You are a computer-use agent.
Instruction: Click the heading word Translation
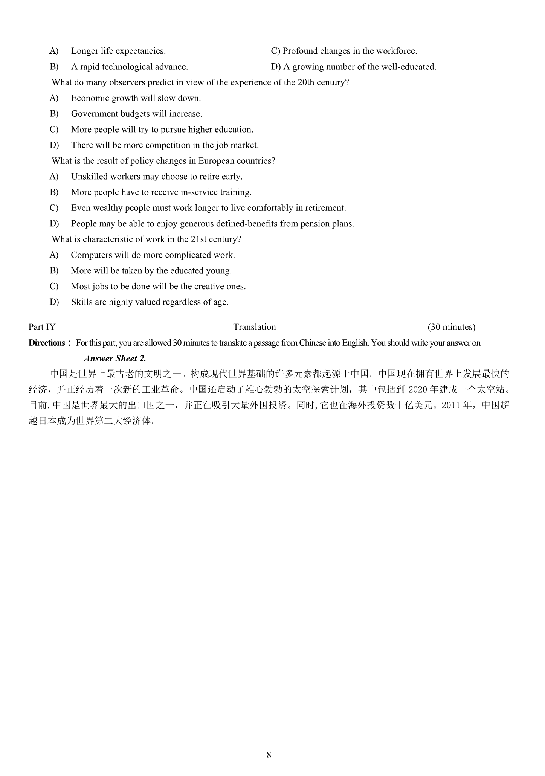click(255, 327)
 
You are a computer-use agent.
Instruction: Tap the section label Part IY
click(42, 327)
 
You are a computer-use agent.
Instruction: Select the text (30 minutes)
click(451, 327)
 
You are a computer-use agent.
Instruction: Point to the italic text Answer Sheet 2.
click(115, 358)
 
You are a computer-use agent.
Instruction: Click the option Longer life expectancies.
click(118, 51)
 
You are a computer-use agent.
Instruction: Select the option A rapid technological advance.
click(129, 67)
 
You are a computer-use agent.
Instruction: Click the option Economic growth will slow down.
click(136, 98)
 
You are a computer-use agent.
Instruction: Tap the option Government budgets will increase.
click(136, 114)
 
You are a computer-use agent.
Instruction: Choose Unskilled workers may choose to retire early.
click(157, 177)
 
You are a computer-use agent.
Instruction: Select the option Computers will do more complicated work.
click(153, 255)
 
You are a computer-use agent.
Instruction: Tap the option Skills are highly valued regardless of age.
click(150, 302)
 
